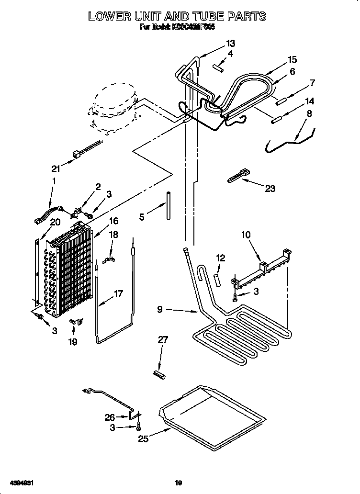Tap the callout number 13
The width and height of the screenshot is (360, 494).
(230, 44)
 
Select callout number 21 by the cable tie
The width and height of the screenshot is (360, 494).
(56, 168)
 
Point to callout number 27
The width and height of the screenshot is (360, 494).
(163, 340)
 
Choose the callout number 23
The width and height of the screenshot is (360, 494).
(270, 189)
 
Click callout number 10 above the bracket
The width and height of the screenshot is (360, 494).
(246, 235)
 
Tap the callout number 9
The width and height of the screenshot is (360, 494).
(163, 310)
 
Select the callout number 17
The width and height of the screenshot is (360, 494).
(118, 293)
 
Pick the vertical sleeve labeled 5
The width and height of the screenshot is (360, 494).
(169, 205)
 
